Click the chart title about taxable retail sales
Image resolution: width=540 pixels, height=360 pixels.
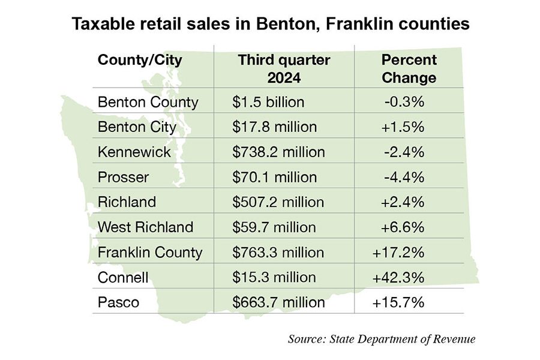[x=270, y=25]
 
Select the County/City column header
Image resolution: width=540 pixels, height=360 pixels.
[x=140, y=60]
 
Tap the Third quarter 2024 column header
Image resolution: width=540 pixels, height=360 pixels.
[x=284, y=69]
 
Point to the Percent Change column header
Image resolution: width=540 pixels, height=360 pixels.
[x=409, y=69]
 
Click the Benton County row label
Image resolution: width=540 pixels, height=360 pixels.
[x=148, y=102]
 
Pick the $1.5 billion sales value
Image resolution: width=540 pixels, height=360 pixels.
[x=268, y=102]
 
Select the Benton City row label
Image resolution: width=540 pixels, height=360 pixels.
[x=137, y=127]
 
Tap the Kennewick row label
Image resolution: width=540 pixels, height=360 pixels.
[x=134, y=152]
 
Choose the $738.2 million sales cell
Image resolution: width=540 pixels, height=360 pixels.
[x=278, y=152]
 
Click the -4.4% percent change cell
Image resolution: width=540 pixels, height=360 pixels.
[x=404, y=177]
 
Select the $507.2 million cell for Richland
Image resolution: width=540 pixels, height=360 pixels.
[x=278, y=202]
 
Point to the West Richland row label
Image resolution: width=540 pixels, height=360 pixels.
[x=145, y=227]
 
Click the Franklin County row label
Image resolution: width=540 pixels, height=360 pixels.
[x=150, y=252]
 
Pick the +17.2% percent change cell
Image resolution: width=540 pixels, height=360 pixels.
[x=399, y=252]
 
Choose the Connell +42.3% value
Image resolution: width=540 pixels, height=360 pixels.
[x=399, y=277]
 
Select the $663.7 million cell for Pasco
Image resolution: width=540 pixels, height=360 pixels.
[x=278, y=302]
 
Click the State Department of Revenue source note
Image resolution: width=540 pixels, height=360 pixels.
[x=382, y=339]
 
